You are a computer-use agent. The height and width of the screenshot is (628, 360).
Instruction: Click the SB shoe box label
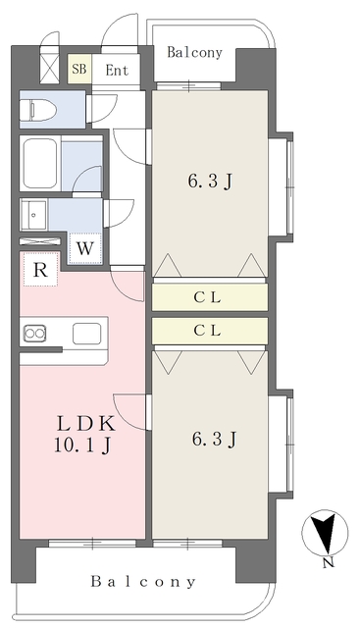[79, 69]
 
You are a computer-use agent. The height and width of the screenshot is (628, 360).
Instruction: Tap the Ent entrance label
[117, 71]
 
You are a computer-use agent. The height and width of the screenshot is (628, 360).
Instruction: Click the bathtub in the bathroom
[39, 163]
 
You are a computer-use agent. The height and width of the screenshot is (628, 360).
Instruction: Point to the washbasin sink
[33, 215]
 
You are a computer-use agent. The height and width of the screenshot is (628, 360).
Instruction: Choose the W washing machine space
[84, 248]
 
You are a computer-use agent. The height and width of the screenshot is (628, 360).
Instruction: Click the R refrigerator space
[40, 270]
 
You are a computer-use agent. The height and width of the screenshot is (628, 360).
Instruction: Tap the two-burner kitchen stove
[34, 334]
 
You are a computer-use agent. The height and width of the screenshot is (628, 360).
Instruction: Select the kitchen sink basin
[86, 334]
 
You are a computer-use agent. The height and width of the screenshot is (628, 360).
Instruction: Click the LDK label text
[86, 424]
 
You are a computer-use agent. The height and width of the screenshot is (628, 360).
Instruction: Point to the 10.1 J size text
[82, 445]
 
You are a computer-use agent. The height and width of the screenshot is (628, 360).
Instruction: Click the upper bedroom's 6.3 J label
[210, 182]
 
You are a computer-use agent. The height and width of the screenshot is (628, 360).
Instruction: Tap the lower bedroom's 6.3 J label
[214, 439]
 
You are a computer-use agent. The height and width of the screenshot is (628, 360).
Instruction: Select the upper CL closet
[210, 296]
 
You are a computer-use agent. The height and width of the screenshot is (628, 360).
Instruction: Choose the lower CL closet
[210, 331]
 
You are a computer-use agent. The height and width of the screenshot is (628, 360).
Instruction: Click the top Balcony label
[194, 52]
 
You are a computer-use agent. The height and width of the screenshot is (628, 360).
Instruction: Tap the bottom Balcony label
[143, 581]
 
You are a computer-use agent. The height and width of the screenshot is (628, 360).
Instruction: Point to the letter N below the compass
[329, 562]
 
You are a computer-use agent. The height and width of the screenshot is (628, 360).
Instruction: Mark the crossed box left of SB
[50, 66]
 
